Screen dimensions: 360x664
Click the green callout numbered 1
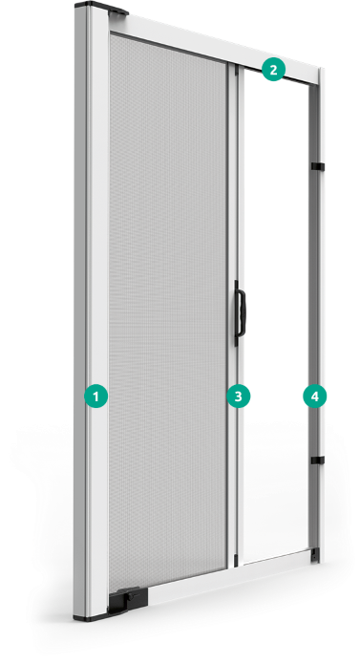(96, 396)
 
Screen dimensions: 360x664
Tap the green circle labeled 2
(273, 69)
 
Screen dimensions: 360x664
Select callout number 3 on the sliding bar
(239, 396)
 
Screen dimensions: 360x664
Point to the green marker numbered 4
(315, 396)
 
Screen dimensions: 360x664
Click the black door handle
(240, 313)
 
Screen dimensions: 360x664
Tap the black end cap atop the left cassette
(101, 8)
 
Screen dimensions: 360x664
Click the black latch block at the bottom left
(128, 600)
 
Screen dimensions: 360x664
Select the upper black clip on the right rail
(317, 166)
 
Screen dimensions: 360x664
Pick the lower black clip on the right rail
(317, 460)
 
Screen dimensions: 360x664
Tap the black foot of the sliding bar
(237, 559)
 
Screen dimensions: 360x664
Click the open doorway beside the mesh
(276, 313)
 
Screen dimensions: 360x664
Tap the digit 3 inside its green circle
(239, 396)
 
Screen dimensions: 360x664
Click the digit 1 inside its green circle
(96, 396)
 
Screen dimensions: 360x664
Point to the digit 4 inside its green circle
(315, 396)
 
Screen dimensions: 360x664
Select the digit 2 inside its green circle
(273, 69)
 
